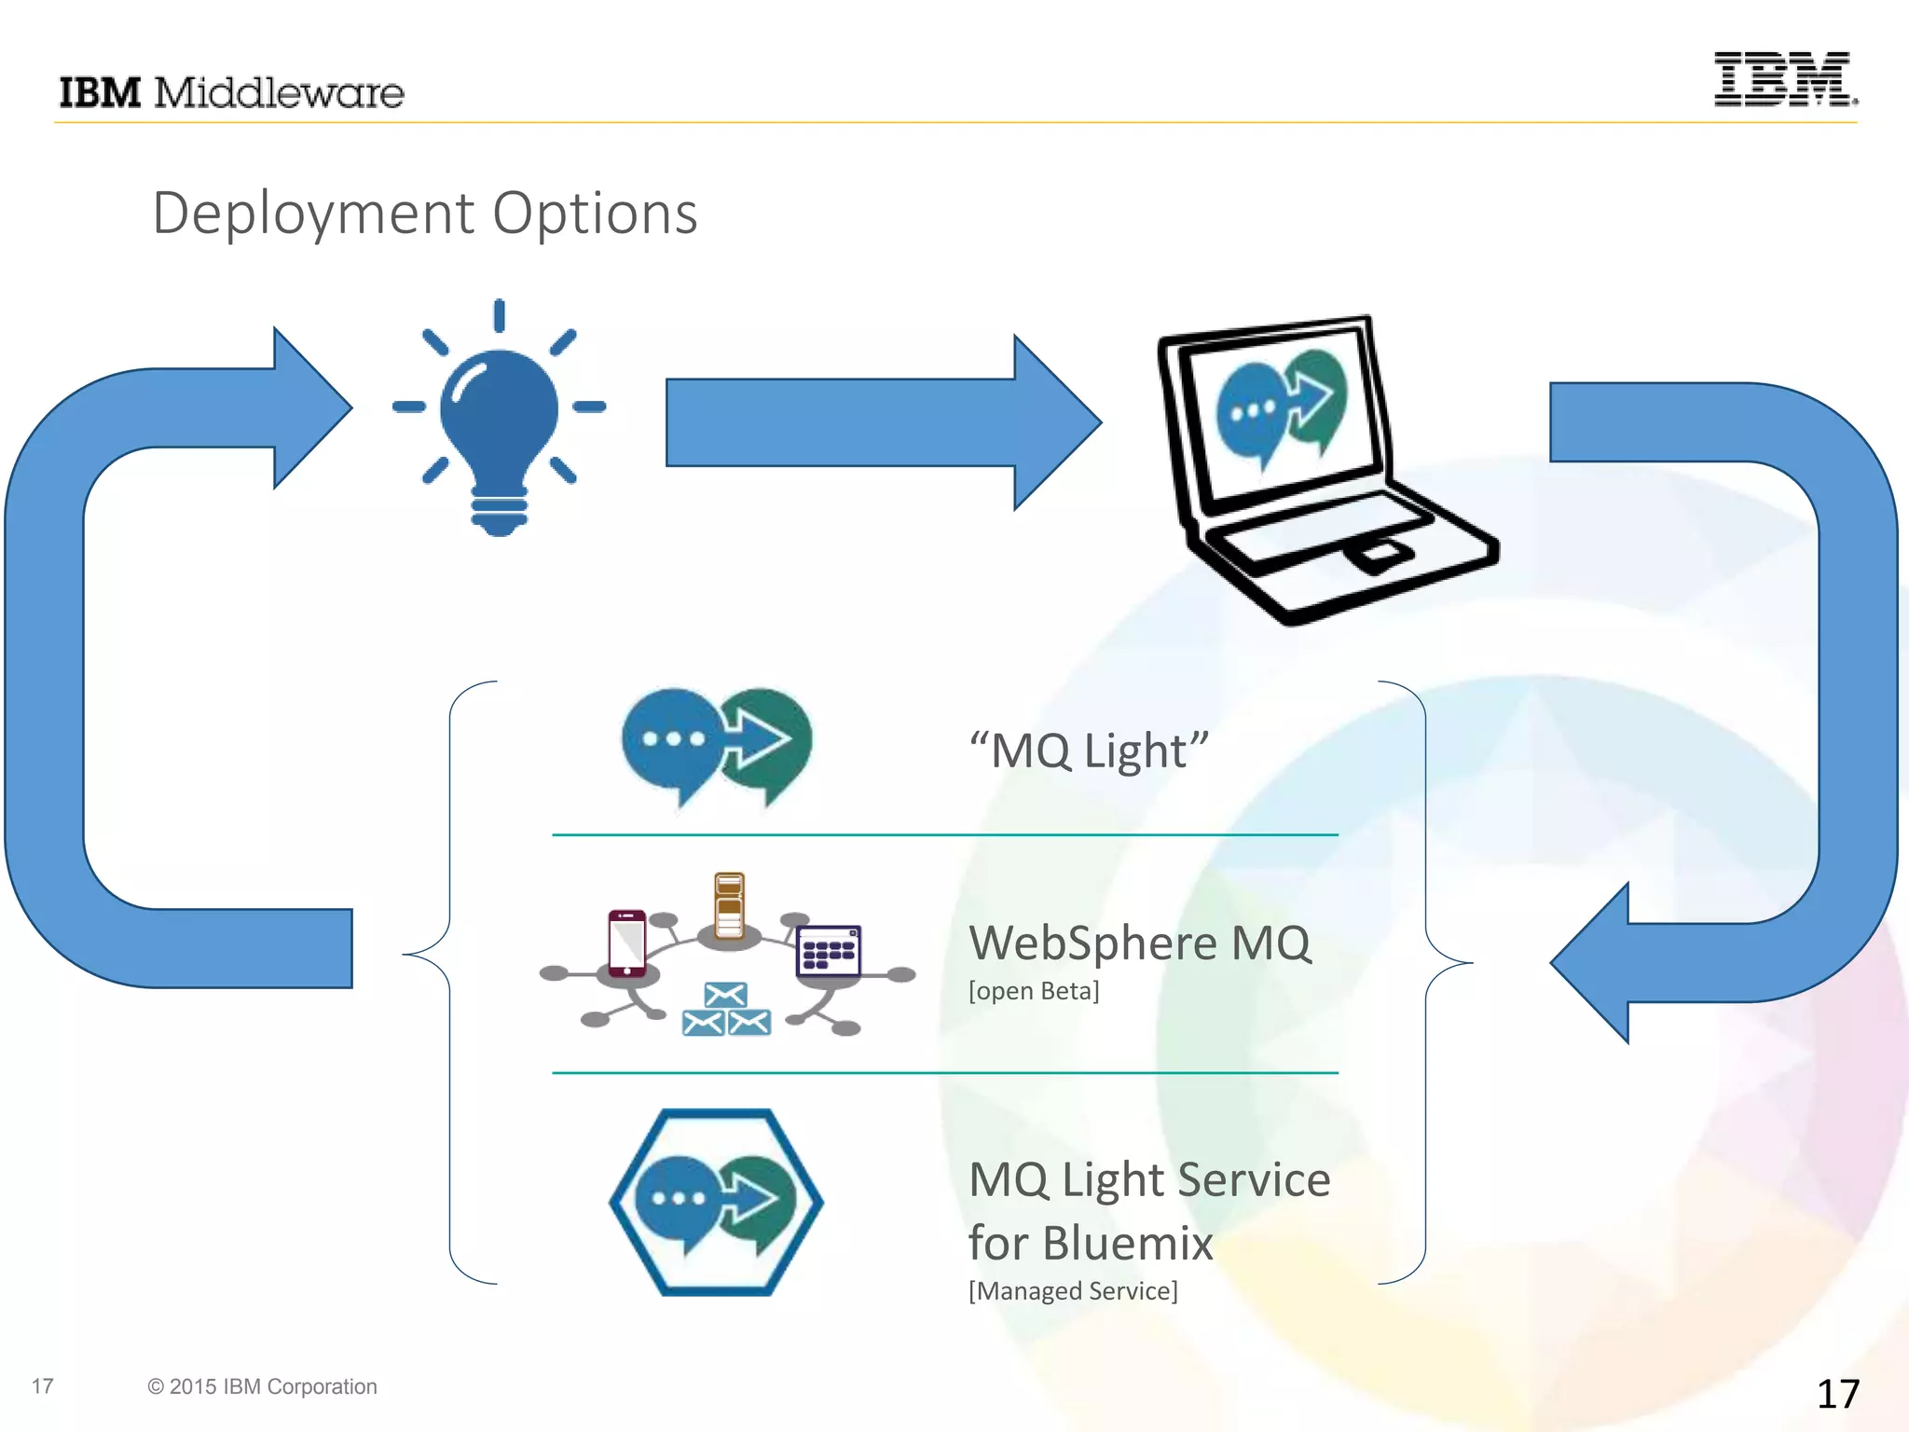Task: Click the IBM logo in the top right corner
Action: [1784, 79]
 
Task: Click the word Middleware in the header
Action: [279, 93]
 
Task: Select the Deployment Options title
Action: [424, 213]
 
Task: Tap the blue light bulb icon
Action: [499, 420]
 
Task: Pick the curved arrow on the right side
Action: [1855, 690]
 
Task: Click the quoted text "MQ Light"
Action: [1089, 750]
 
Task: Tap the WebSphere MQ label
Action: [1139, 943]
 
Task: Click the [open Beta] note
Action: [1034, 991]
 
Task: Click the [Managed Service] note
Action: [1073, 1291]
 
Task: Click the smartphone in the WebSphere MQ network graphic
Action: [626, 943]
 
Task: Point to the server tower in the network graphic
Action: [729, 906]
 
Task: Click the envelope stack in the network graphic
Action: [726, 1010]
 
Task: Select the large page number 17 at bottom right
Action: [1837, 1394]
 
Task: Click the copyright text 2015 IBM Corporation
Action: [262, 1386]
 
